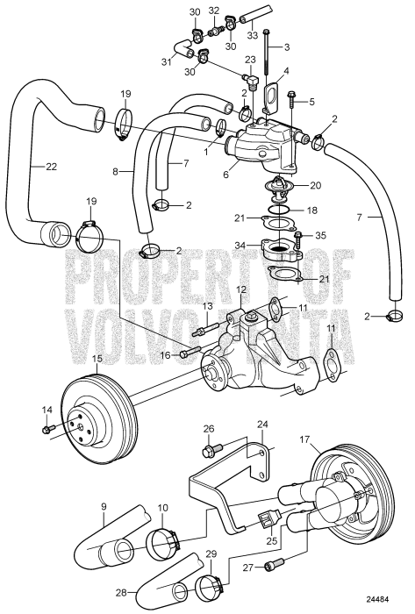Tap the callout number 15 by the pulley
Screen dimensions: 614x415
97,358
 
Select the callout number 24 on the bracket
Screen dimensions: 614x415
262,424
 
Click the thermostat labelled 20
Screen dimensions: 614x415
279,186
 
